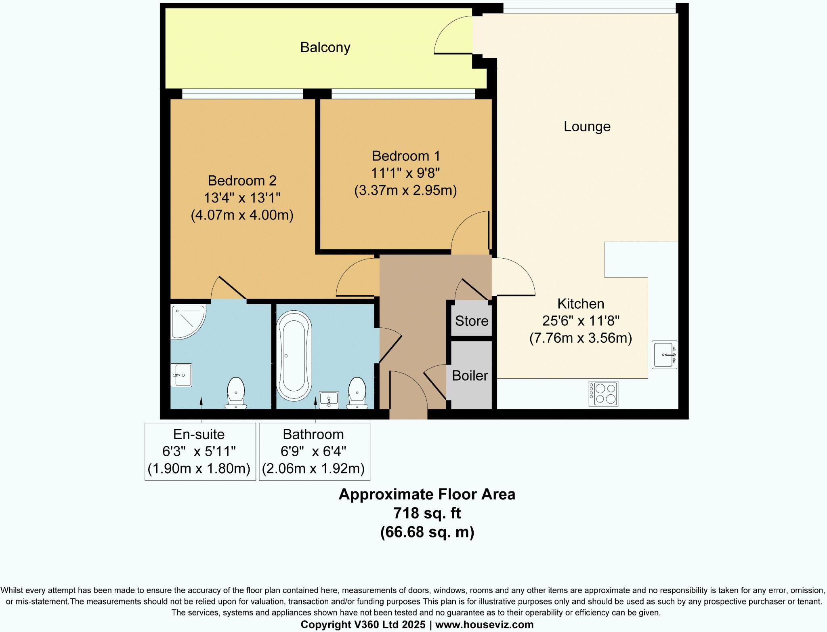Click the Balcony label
click(x=325, y=48)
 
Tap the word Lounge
click(x=587, y=126)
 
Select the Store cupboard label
click(x=471, y=321)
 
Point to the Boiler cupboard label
click(x=470, y=375)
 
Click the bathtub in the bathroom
click(x=294, y=356)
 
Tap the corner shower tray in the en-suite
click(x=187, y=321)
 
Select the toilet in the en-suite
click(x=236, y=393)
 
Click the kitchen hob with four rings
click(x=603, y=394)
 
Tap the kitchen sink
click(x=664, y=355)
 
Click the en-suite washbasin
click(x=181, y=375)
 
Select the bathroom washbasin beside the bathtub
click(x=329, y=400)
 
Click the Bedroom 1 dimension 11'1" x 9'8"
click(x=405, y=173)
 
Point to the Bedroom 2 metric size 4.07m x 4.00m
click(x=242, y=215)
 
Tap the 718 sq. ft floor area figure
click(x=427, y=513)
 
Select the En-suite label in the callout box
click(x=199, y=434)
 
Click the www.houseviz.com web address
click(x=484, y=625)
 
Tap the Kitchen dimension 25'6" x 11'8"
click(x=580, y=321)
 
